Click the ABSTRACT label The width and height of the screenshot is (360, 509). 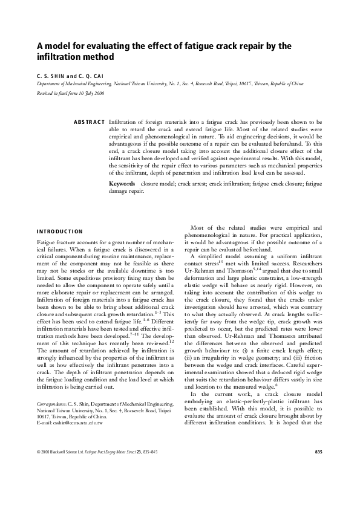pos(90,122)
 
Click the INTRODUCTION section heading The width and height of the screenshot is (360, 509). pos(60,231)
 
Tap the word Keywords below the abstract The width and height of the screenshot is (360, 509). pos(122,183)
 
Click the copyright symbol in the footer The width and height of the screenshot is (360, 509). pos(38,486)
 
